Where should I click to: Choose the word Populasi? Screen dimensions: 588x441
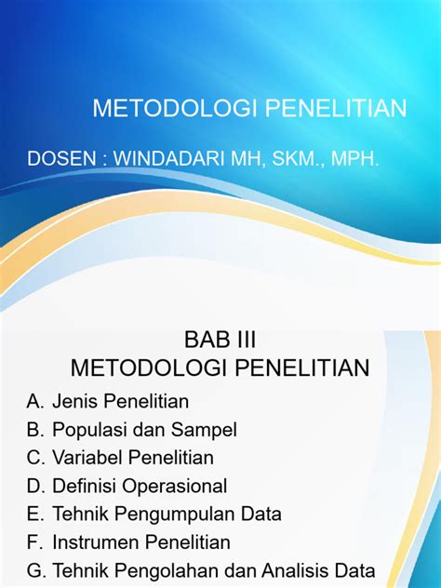tap(87, 430)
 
